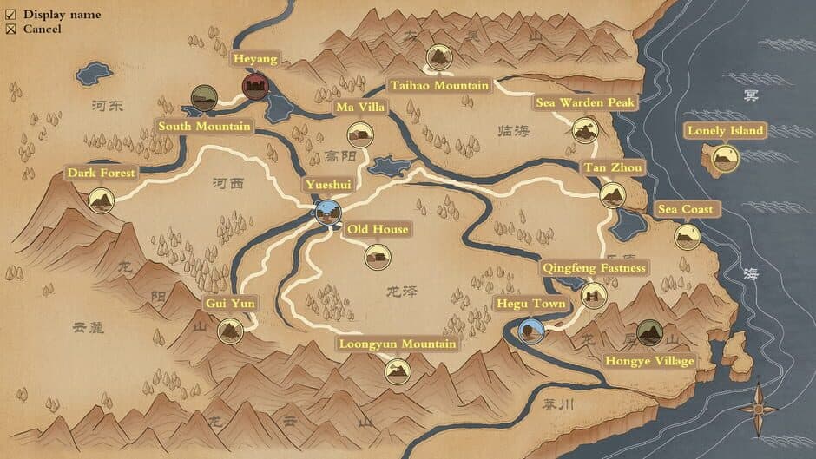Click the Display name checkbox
(x=11, y=15)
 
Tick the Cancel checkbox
(x=11, y=30)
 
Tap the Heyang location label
(x=255, y=59)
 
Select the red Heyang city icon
(x=255, y=86)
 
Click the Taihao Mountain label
(x=439, y=86)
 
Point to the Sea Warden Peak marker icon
(x=586, y=130)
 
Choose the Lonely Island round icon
(x=726, y=158)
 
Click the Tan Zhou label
(x=613, y=167)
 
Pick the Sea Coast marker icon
(x=688, y=236)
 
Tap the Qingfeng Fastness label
(x=595, y=268)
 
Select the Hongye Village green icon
(x=649, y=332)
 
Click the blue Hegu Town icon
(x=530, y=331)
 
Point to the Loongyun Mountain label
(x=398, y=344)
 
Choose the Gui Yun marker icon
(x=230, y=331)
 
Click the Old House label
(x=378, y=230)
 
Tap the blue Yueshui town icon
(x=328, y=212)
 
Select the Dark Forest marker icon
(x=102, y=201)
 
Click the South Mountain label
(x=204, y=127)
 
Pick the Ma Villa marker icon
(x=360, y=134)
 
